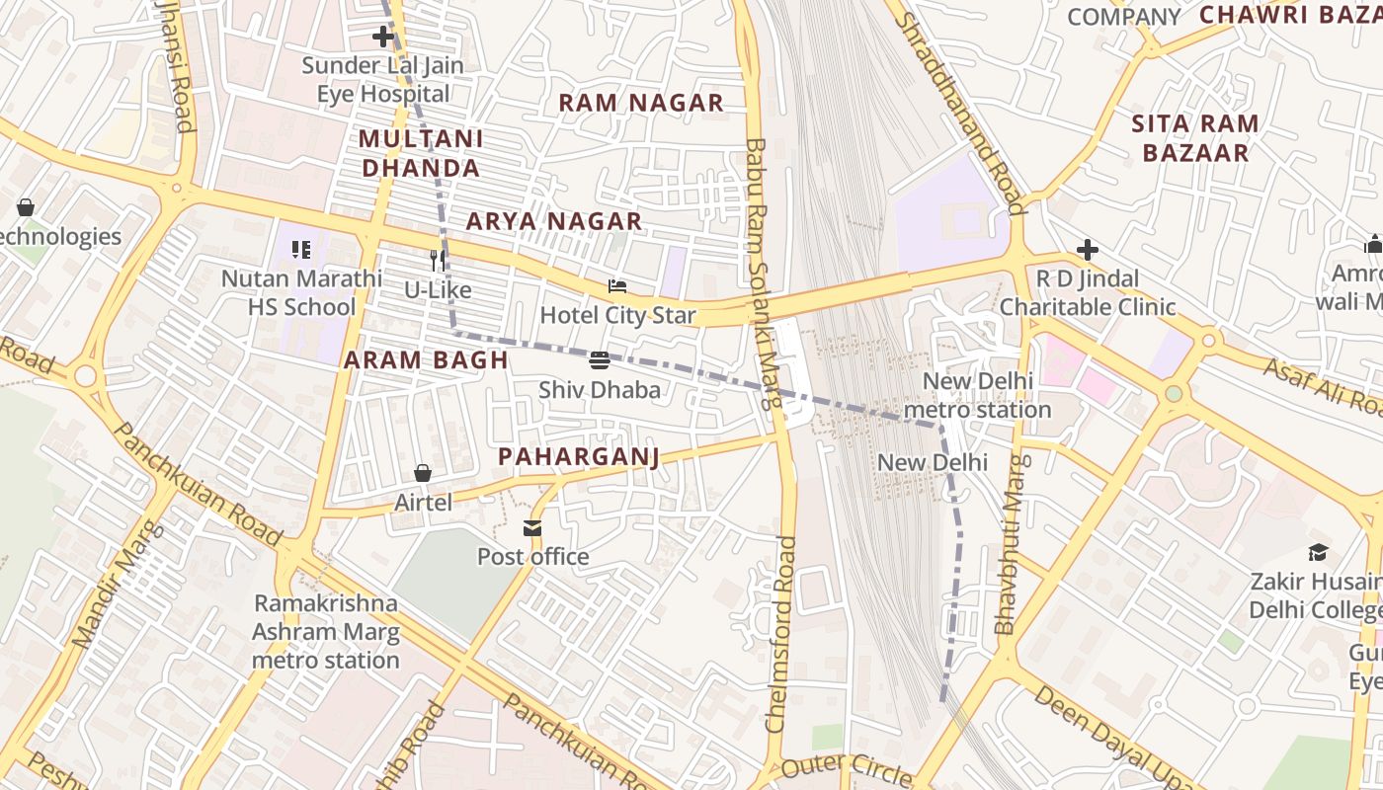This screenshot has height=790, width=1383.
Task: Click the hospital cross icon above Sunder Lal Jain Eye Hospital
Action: click(x=383, y=38)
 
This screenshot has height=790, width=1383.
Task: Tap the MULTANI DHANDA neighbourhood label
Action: click(x=421, y=153)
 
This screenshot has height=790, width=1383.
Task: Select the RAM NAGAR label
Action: click(x=641, y=103)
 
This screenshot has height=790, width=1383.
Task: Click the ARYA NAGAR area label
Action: click(x=554, y=221)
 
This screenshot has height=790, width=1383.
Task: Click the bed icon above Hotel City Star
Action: click(x=618, y=286)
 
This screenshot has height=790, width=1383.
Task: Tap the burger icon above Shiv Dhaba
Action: click(x=600, y=360)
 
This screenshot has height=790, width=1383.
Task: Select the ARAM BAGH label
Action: click(x=426, y=360)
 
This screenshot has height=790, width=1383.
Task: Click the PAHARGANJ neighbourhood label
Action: click(x=578, y=456)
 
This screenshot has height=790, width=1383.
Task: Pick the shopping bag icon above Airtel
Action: click(x=423, y=473)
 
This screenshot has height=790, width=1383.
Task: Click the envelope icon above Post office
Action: click(x=533, y=527)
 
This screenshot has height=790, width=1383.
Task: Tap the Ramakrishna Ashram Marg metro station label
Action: click(x=326, y=631)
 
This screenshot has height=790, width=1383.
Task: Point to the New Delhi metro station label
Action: click(x=978, y=395)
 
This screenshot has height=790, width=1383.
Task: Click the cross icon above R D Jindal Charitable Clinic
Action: click(x=1088, y=250)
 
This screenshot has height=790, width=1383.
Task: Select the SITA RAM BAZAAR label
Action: click(x=1195, y=138)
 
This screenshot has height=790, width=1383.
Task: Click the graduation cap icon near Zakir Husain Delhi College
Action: click(x=1318, y=552)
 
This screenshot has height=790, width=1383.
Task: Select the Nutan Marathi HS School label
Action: click(x=301, y=292)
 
